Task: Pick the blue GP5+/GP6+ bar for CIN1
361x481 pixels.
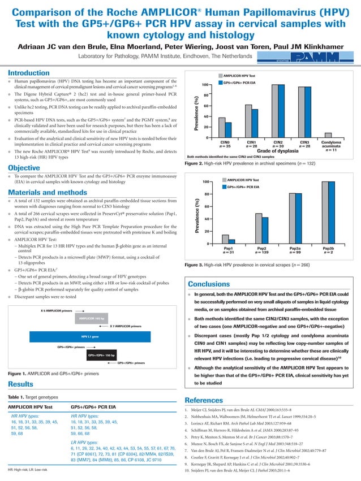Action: pyautogui.click(x=255, y=123)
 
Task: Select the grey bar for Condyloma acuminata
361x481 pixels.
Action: pyautogui.click(x=328, y=135)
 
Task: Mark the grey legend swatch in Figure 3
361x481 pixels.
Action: pyautogui.click(x=224, y=179)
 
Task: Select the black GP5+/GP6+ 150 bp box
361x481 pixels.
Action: pyautogui.click(x=101, y=355)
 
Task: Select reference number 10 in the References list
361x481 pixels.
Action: pyautogui.click(x=188, y=470)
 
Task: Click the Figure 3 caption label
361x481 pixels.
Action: pyautogui.click(x=196, y=264)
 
